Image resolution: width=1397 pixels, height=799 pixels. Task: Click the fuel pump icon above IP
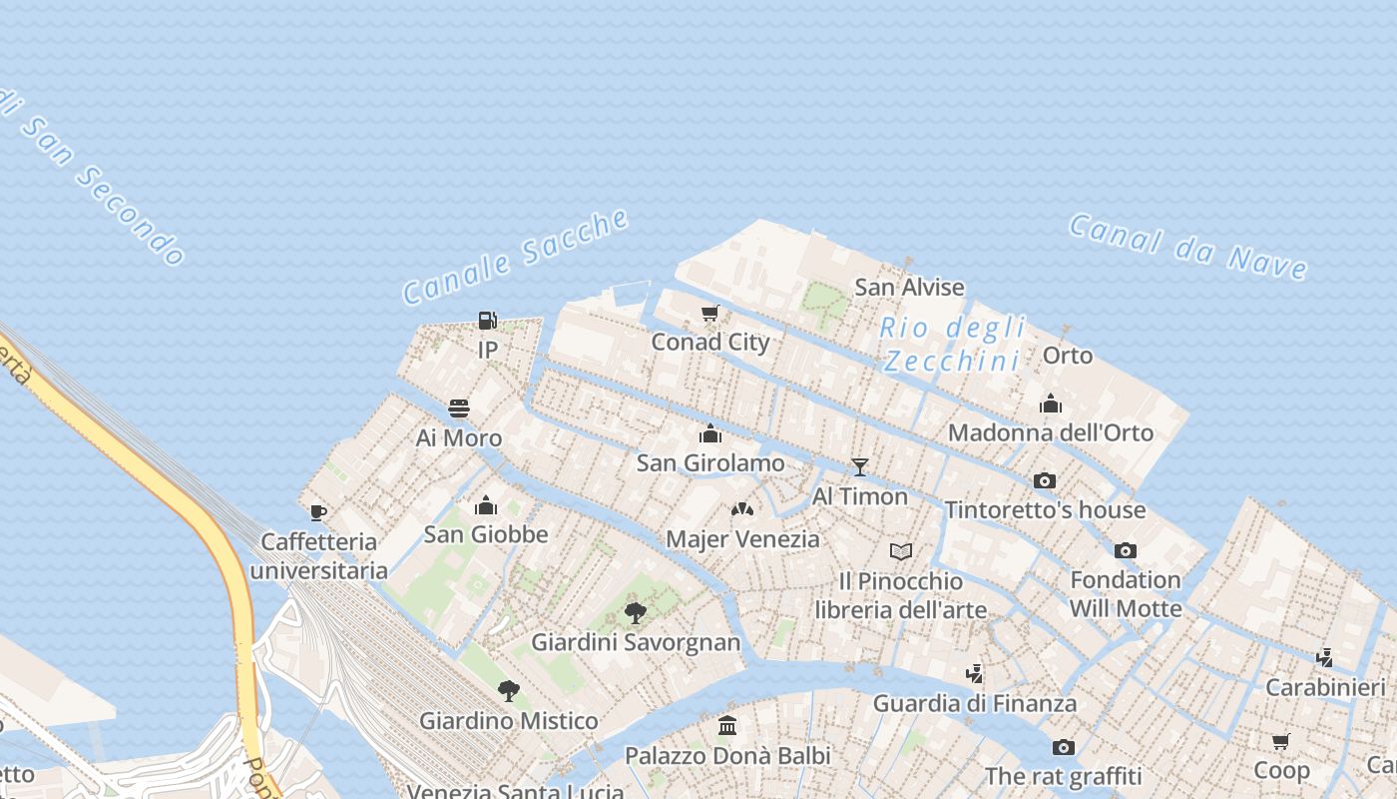(487, 321)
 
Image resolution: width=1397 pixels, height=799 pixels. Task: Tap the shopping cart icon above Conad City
(710, 314)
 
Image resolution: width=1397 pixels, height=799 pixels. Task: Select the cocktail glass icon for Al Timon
(859, 467)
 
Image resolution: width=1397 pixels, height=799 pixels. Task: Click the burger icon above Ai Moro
(459, 408)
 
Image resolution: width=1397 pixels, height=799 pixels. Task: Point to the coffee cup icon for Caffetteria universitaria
(318, 513)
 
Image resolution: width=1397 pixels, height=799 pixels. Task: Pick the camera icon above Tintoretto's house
(1045, 480)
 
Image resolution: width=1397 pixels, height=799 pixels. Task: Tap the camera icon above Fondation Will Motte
(1126, 550)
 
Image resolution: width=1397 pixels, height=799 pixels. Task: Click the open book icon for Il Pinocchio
(901, 551)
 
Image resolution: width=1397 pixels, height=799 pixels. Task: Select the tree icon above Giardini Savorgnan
(636, 612)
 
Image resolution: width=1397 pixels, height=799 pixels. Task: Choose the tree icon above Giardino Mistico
(509, 690)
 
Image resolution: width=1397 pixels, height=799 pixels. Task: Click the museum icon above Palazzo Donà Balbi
(727, 725)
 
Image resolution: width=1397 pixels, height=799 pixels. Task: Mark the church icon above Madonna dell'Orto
(1051, 403)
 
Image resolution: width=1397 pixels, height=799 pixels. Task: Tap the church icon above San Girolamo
(710, 433)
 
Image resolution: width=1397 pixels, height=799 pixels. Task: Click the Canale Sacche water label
(516, 256)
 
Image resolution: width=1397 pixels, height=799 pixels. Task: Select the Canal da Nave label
(1187, 246)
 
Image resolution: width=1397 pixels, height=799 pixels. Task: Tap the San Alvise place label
(909, 288)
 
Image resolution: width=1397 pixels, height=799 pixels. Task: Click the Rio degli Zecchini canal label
(953, 344)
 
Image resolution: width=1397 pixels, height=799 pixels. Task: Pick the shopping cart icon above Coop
(1281, 741)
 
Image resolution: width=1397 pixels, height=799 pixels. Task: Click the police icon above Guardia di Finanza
(975, 673)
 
